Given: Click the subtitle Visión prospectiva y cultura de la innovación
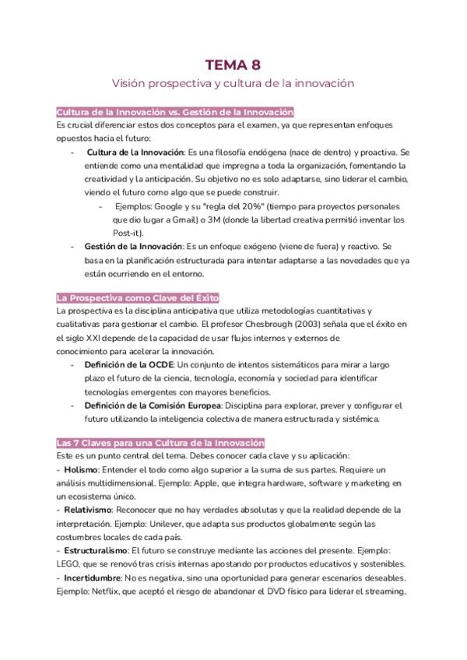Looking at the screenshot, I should [x=233, y=82].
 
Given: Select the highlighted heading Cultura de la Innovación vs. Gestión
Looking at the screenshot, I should [x=174, y=112].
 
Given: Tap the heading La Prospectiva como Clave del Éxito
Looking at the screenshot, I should [x=138, y=297].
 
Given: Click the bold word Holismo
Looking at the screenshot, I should [x=80, y=470].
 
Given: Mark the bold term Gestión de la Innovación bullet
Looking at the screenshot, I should [x=132, y=247].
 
